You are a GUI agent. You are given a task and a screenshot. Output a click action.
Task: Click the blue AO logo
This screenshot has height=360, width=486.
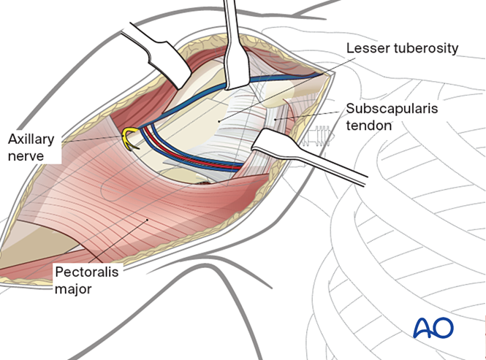pos(433,326)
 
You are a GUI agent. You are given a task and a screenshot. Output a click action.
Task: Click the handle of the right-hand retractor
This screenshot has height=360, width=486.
pos(343,167)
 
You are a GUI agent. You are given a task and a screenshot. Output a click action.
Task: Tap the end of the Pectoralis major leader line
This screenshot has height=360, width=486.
pos(147,218)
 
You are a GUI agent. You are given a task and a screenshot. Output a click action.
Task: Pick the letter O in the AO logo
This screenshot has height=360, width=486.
pos(444,326)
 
